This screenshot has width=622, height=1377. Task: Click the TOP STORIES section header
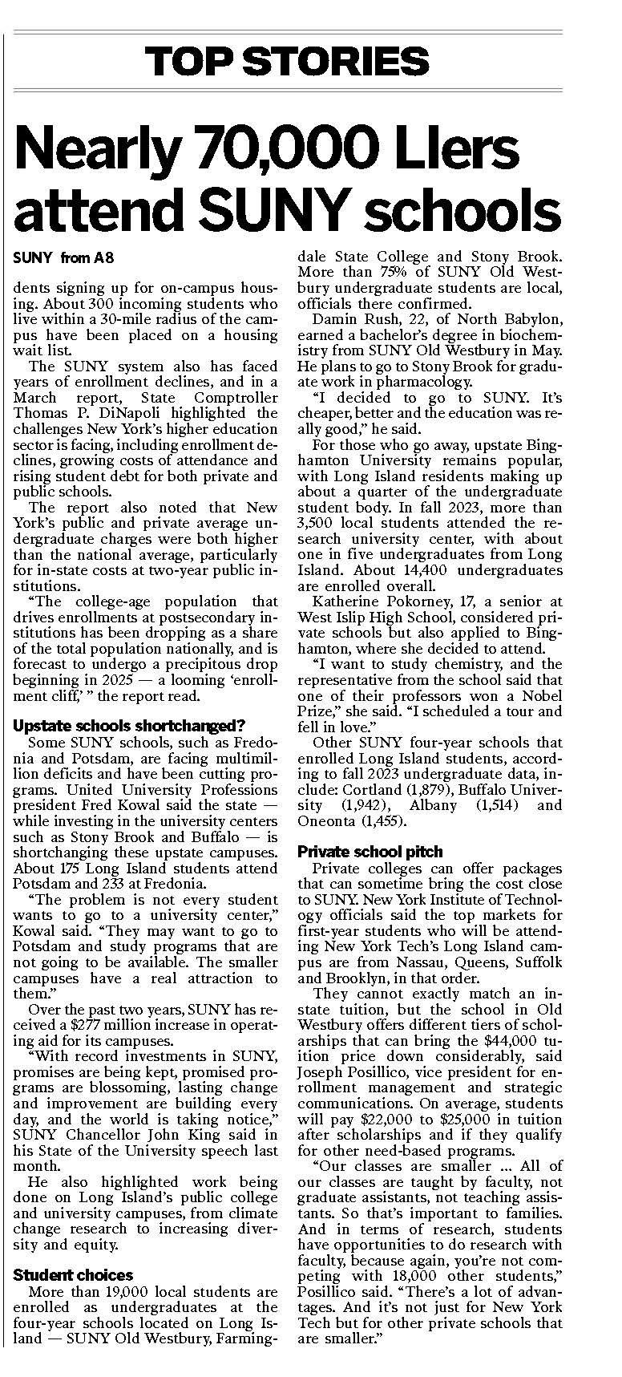coord(287,61)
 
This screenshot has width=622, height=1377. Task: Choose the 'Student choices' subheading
coord(74,1275)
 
